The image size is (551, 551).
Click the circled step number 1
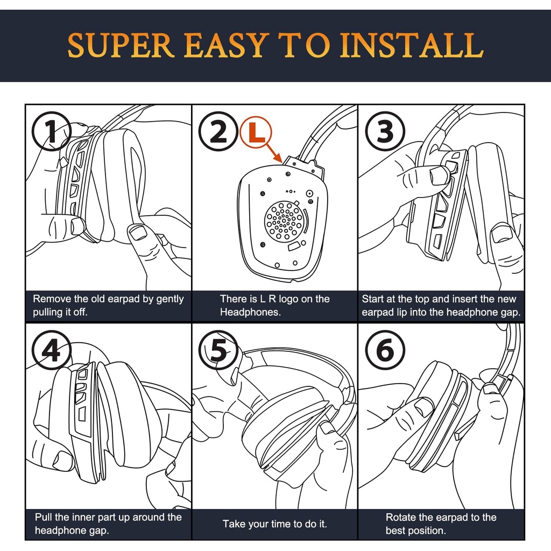point(52,131)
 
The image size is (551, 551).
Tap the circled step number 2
point(218,131)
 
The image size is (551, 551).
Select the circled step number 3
point(385,131)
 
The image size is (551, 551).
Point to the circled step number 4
point(52,350)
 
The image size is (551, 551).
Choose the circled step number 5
point(218,350)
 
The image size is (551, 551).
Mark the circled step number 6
point(385,350)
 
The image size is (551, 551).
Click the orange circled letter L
point(256,132)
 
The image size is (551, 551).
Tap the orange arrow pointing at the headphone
point(273,152)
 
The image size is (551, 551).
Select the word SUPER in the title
point(121,45)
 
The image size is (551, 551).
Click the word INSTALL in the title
point(412,45)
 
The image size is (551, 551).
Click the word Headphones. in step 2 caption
point(250,312)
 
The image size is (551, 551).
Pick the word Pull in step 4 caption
point(43,517)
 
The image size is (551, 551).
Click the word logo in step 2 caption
point(288,299)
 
